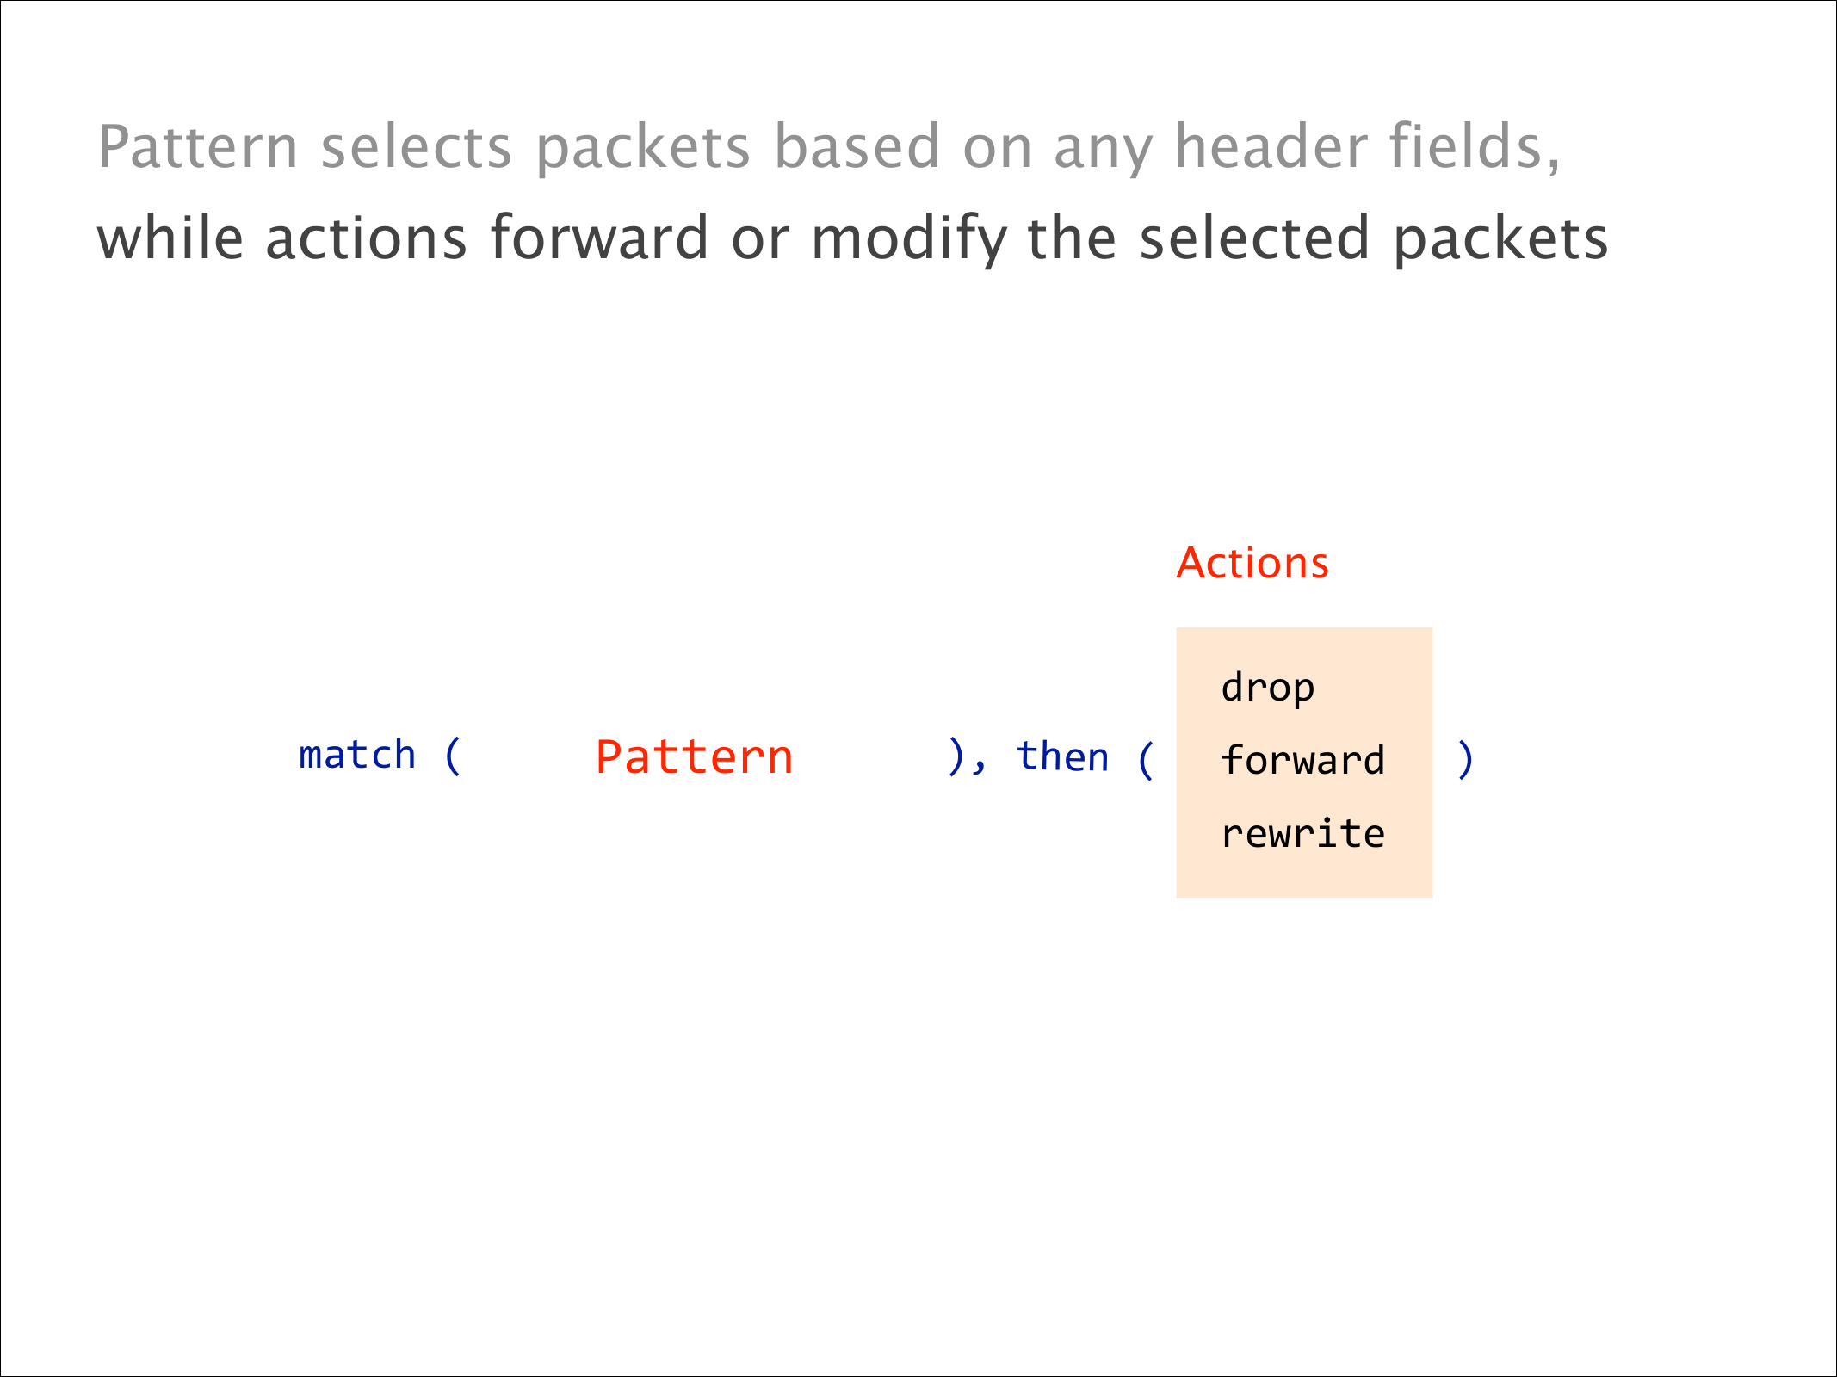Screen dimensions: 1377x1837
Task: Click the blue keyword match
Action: pyautogui.click(x=356, y=755)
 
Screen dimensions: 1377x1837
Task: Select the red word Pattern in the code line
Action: pyautogui.click(x=694, y=757)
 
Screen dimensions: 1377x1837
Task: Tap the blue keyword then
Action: pyautogui.click(x=1063, y=756)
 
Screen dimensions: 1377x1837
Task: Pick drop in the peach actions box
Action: pyautogui.click(x=1267, y=688)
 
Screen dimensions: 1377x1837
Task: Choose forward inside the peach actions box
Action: pyautogui.click(x=1302, y=760)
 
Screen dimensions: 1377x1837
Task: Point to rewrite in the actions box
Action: pyautogui.click(x=1302, y=833)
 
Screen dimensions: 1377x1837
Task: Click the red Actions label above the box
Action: pyautogui.click(x=1252, y=564)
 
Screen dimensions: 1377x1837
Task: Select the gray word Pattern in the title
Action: pyautogui.click(x=198, y=146)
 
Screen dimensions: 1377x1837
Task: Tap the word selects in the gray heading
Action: pyautogui.click(x=417, y=146)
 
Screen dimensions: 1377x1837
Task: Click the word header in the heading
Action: pyautogui.click(x=1271, y=146)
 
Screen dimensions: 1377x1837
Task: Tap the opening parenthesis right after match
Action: pyautogui.click(x=453, y=756)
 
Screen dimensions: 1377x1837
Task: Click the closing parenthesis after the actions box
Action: pyautogui.click(x=1465, y=760)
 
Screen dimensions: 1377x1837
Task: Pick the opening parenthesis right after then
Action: pyautogui.click(x=1146, y=760)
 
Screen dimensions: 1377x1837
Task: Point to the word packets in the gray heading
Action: pyautogui.click(x=643, y=148)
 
